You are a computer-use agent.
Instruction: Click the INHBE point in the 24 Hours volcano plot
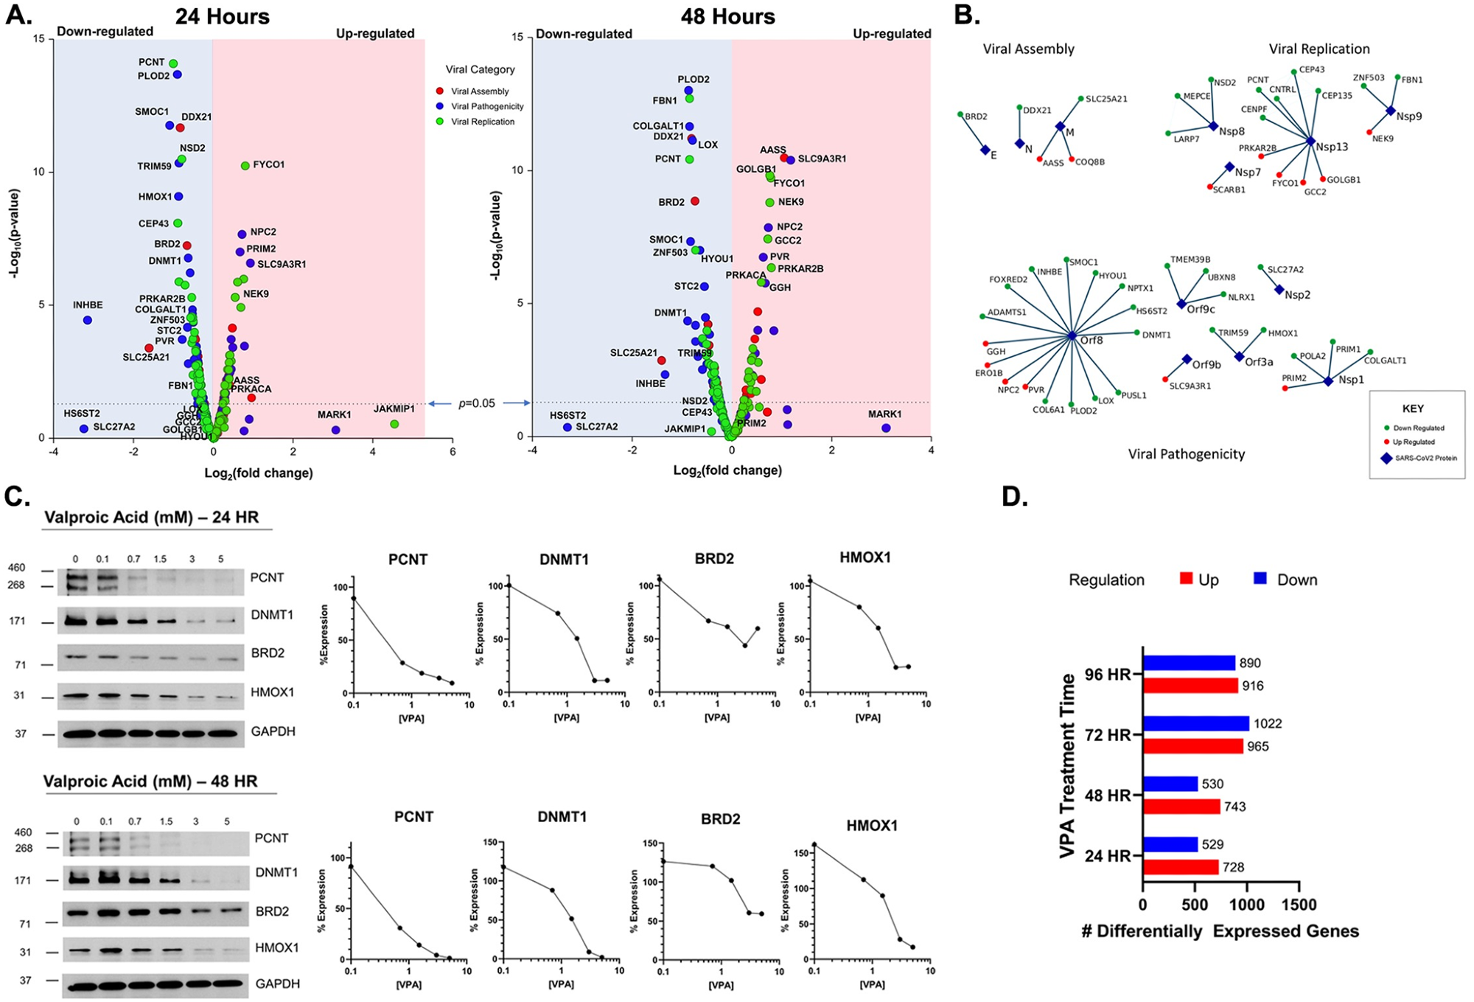click(88, 320)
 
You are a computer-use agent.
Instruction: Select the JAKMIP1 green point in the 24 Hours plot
click(394, 424)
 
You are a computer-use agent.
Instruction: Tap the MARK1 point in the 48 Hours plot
click(886, 428)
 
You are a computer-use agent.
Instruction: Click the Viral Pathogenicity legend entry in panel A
click(487, 106)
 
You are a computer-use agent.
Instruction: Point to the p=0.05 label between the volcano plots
click(477, 403)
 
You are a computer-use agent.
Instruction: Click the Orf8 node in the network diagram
click(1072, 336)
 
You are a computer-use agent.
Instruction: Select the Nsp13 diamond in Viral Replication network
click(1310, 141)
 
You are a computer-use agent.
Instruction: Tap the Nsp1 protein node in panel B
click(1327, 381)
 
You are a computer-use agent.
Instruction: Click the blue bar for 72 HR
click(1195, 723)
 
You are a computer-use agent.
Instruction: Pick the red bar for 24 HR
click(1181, 867)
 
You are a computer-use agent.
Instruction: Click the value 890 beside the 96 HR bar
click(1251, 663)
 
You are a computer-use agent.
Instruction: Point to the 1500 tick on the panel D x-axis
click(1299, 905)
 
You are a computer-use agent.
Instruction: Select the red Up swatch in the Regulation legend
click(1186, 579)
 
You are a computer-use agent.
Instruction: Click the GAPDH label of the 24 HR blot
click(273, 731)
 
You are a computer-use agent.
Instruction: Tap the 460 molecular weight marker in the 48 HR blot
click(23, 832)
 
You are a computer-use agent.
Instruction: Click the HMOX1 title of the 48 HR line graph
click(872, 825)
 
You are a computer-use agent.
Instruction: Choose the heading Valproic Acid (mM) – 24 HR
click(152, 517)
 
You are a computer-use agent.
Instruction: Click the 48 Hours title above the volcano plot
click(727, 16)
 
